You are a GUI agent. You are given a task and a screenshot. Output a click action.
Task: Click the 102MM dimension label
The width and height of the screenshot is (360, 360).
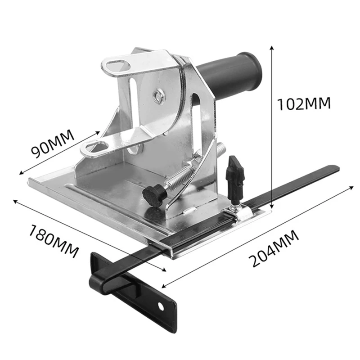[x=304, y=103]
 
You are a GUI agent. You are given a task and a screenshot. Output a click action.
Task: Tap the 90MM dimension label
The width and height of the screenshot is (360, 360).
[x=53, y=144]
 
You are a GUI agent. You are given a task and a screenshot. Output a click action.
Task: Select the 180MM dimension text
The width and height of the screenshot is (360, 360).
[x=54, y=242]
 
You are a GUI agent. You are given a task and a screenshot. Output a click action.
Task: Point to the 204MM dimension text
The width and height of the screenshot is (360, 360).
[x=274, y=248]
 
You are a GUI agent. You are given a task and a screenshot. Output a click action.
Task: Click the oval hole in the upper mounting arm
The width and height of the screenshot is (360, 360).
[x=119, y=66]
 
